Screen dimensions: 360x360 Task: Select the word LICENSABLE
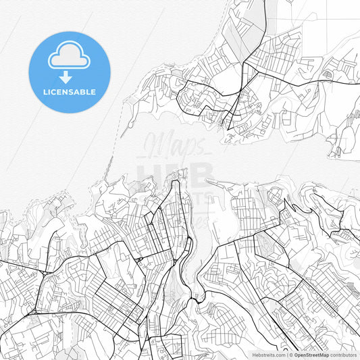coord(69,92)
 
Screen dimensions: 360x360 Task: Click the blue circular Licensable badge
coord(69,72)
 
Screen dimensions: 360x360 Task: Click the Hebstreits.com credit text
coord(269,354)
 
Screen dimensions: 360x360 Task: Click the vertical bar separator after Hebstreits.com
coord(286,354)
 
